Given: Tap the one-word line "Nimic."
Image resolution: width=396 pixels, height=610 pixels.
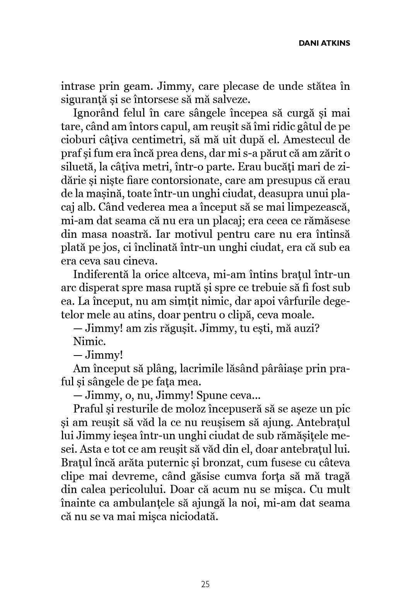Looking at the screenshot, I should [84, 342].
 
